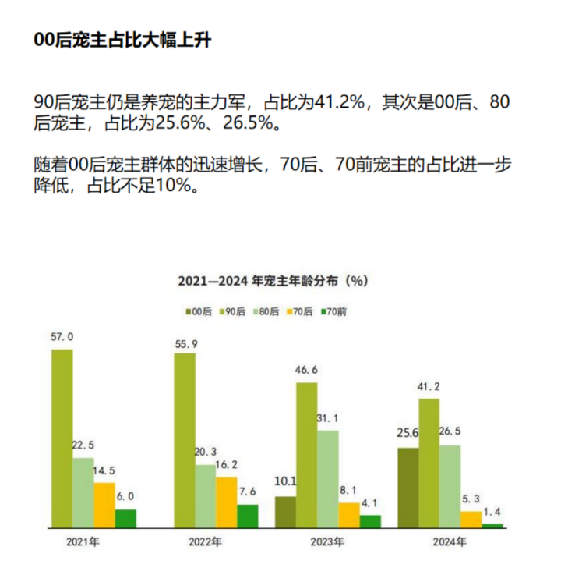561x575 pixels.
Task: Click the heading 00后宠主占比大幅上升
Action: click(x=122, y=41)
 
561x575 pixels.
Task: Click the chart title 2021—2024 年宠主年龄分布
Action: click(x=272, y=279)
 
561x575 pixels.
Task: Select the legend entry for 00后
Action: click(x=198, y=311)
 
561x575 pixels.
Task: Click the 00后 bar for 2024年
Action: click(x=408, y=488)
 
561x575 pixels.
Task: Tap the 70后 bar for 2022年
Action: click(x=226, y=502)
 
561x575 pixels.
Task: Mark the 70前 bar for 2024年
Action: click(x=492, y=526)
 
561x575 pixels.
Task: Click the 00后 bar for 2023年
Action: click(x=285, y=512)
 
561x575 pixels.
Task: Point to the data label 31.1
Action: click(x=329, y=418)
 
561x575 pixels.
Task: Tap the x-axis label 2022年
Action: click(x=205, y=541)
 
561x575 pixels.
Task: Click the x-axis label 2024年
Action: click(x=450, y=541)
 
